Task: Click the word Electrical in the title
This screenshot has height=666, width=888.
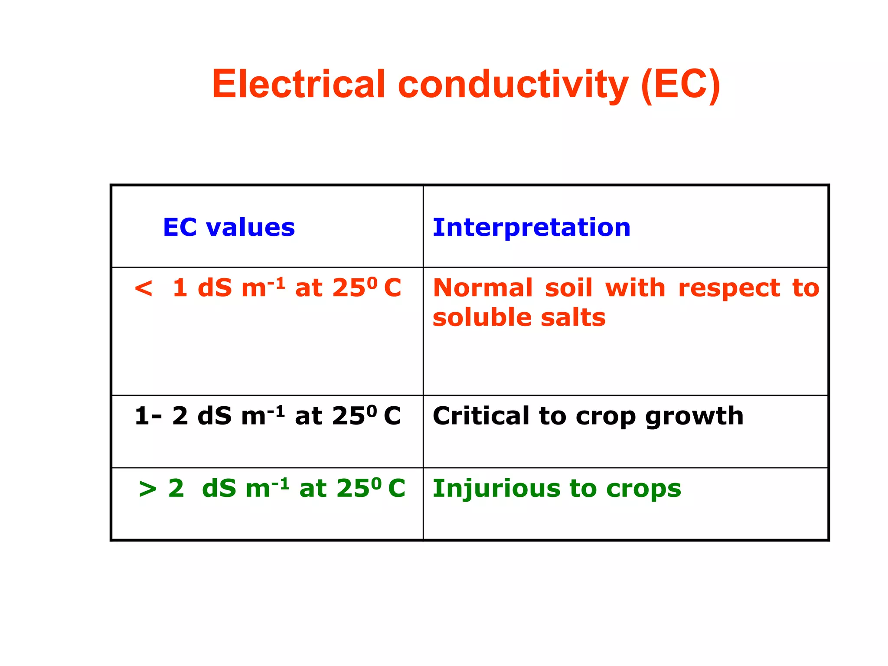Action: pyautogui.click(x=298, y=84)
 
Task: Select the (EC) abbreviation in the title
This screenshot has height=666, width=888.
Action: pyautogui.click(x=680, y=84)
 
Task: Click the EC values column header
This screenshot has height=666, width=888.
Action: pyautogui.click(x=229, y=227)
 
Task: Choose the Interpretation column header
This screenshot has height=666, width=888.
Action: pyautogui.click(x=532, y=227)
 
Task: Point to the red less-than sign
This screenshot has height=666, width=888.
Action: pyautogui.click(x=144, y=288)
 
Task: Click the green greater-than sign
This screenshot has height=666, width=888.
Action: pyautogui.click(x=147, y=489)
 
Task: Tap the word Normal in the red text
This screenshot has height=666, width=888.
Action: pyautogui.click(x=483, y=288)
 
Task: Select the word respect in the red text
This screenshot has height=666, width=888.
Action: pyautogui.click(x=729, y=289)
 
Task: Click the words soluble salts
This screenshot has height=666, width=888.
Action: pyautogui.click(x=519, y=317)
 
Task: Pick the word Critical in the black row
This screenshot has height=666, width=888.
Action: pyautogui.click(x=481, y=416)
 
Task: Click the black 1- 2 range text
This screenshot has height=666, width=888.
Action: pyautogui.click(x=161, y=416)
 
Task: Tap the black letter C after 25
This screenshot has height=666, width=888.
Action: pyautogui.click(x=392, y=416)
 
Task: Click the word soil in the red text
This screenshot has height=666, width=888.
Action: pyautogui.click(x=568, y=288)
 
